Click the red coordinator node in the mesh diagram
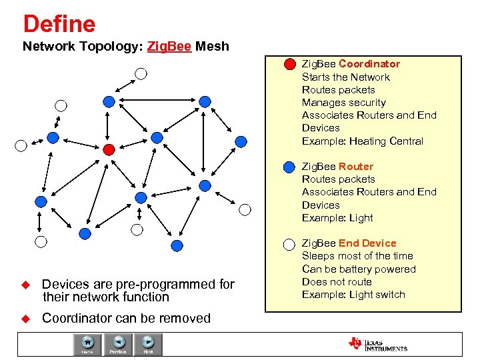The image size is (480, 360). pos(110,149)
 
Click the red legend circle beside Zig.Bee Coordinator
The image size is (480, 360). pos(289,65)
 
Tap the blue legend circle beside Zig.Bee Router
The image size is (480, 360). pos(289,167)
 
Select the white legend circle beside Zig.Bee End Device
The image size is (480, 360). pos(289,244)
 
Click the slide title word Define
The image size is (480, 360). pos(59,25)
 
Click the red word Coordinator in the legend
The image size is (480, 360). pos(369,64)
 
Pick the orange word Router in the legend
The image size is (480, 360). pos(356,167)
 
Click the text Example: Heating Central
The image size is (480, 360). pos(362,141)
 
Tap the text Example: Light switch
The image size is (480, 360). pos(353,295)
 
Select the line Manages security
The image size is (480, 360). pos(343,103)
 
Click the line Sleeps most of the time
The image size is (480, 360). pos(357,256)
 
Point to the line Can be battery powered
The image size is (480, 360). pos(359,269)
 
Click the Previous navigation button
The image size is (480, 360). pos(119,343)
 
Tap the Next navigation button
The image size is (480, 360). pos(148,343)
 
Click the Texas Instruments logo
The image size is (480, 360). pos(377,344)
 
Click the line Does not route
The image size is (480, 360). pos(337,282)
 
